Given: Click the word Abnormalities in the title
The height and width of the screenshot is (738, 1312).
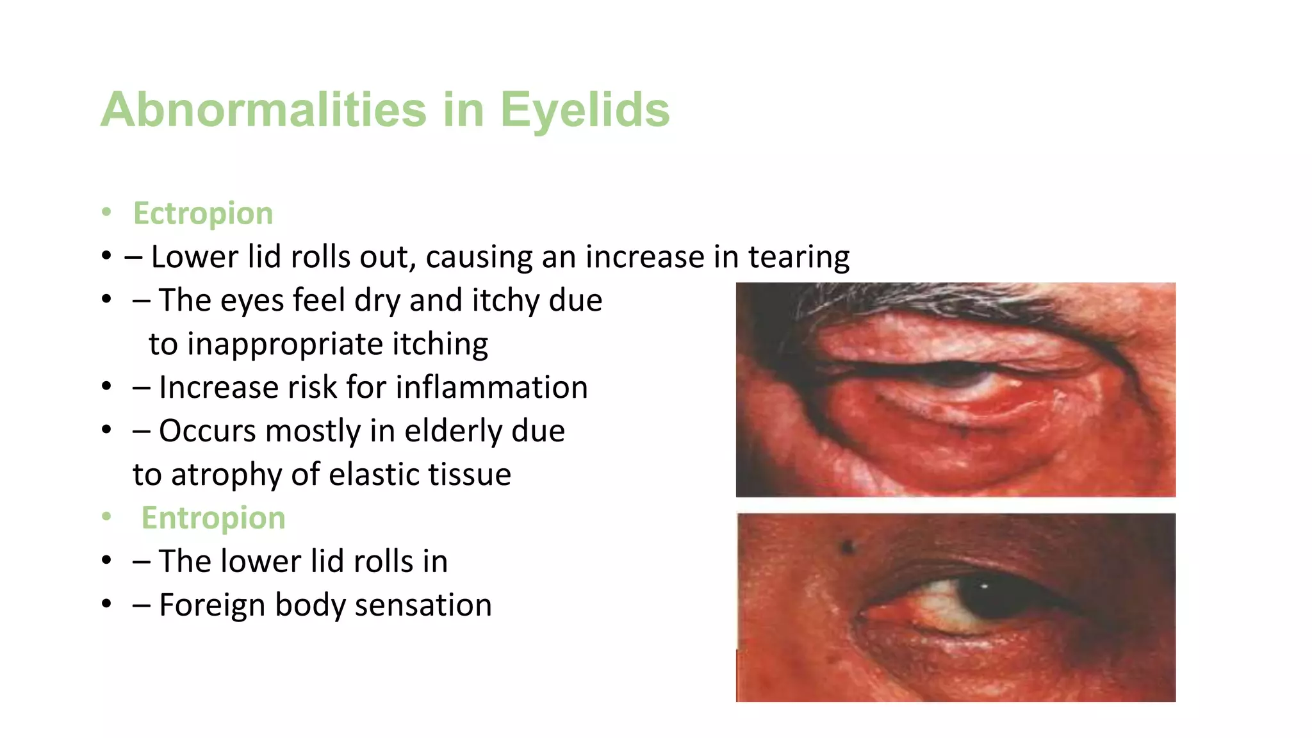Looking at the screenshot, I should click(x=263, y=110).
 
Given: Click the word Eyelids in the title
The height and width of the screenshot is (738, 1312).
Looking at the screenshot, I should click(x=584, y=110).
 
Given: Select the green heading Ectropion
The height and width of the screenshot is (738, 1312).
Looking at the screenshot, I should click(x=203, y=213).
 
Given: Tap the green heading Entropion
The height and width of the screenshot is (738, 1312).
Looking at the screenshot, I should click(x=213, y=518).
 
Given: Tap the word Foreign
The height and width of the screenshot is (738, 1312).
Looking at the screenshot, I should click(x=212, y=605).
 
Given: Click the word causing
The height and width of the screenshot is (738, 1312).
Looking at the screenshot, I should click(x=479, y=258).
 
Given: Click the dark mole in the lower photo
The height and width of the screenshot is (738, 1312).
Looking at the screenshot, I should click(x=848, y=546).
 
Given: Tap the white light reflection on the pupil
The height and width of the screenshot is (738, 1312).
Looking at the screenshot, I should click(x=985, y=586).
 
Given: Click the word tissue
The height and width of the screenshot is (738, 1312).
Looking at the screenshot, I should click(x=470, y=475).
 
